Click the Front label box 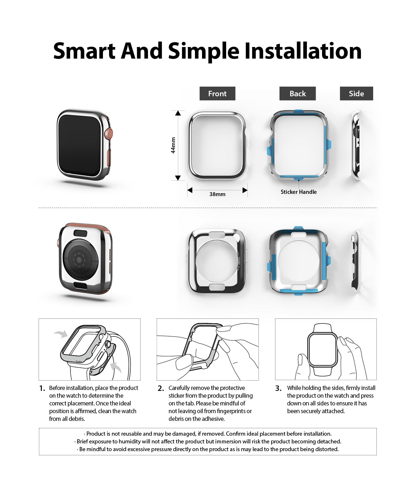[217, 94]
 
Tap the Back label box [298, 94]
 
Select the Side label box [356, 94]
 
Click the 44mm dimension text [173, 145]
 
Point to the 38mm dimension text [217, 194]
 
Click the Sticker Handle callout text [299, 192]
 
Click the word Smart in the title [84, 51]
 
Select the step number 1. [42, 388]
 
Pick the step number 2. [161, 388]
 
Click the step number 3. [278, 388]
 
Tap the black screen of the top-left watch [80, 145]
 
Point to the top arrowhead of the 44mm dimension [178, 113]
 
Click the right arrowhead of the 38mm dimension [245, 190]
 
